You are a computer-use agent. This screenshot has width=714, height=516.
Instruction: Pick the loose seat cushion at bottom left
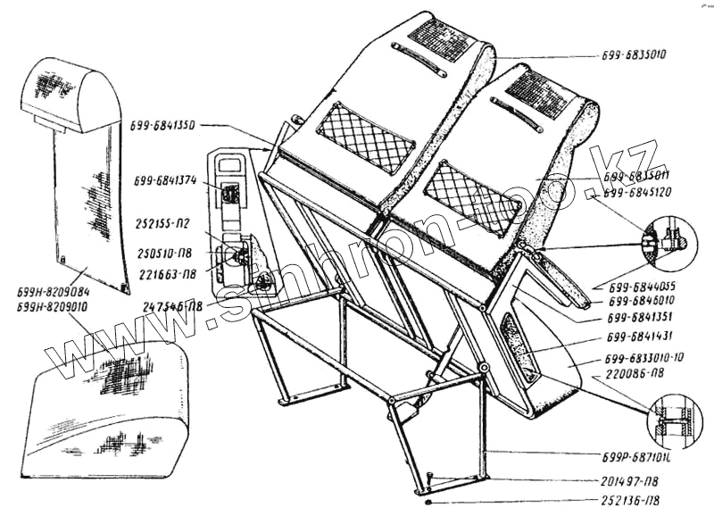point(112,402)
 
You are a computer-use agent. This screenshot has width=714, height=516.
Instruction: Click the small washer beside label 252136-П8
point(430,501)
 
